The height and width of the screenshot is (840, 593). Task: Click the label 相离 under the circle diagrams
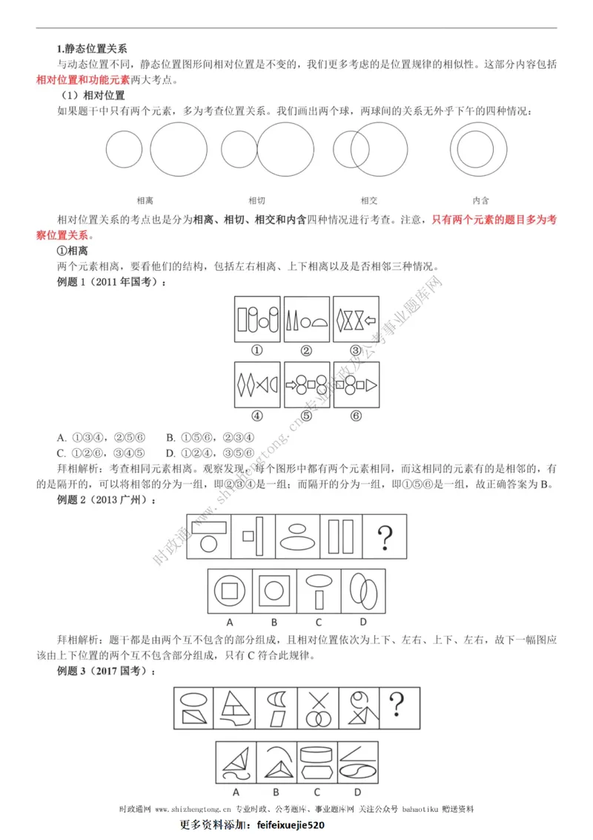pos(145,200)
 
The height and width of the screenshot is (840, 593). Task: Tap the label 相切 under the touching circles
pos(256,200)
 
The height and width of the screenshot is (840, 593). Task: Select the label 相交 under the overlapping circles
pos(368,200)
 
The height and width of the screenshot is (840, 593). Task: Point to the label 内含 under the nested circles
pos(480,200)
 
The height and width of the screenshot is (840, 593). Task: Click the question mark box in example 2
pos(385,535)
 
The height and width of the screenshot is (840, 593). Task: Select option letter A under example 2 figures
pos(230,621)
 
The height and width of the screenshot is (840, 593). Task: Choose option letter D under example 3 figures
pos(357,791)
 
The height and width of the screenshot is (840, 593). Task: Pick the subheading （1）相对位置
pos(93,96)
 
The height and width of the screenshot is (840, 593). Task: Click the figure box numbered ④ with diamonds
pos(257,384)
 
